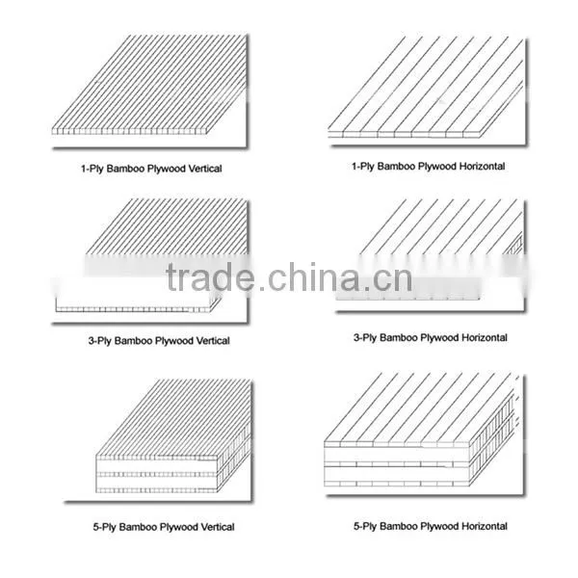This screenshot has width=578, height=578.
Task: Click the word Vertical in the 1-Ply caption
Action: (x=205, y=169)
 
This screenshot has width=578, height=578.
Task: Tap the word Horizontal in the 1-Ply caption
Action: (x=483, y=167)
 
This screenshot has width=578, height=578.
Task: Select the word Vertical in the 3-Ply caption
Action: (x=213, y=341)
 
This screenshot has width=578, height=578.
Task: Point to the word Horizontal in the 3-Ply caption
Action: (x=485, y=338)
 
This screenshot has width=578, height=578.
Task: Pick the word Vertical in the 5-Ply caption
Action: (x=218, y=527)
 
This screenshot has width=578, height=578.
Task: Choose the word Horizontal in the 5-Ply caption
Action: (x=485, y=526)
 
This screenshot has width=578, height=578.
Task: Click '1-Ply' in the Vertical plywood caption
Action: (x=92, y=169)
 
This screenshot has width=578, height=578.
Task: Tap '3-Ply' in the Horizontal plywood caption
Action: (x=365, y=338)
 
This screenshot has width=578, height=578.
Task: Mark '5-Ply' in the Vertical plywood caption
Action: (x=104, y=527)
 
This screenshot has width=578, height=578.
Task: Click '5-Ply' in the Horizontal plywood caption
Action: (x=365, y=526)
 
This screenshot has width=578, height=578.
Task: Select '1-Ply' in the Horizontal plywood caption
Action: (x=363, y=167)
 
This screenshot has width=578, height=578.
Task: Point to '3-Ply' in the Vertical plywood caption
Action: (x=99, y=341)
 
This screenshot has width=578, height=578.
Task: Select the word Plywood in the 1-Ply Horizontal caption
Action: (x=436, y=167)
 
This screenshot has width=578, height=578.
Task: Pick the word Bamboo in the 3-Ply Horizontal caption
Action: (x=399, y=338)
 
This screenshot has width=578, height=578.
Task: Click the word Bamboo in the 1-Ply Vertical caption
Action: (x=126, y=169)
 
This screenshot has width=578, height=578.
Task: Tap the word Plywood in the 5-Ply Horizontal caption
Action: (x=439, y=526)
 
